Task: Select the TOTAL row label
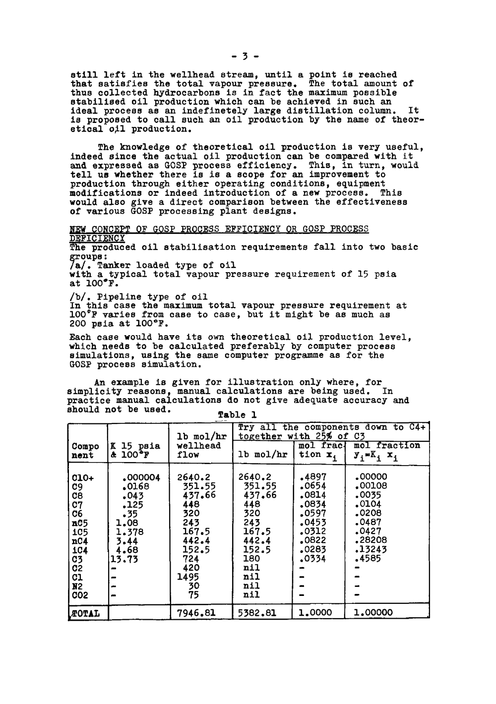[x=86, y=613]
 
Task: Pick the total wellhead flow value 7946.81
[x=196, y=613]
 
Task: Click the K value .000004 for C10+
[x=141, y=478]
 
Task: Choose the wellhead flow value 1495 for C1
[x=188, y=577]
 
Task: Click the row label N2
[x=77, y=586]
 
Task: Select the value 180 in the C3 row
[x=252, y=559]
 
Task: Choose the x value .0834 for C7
[x=312, y=505]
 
